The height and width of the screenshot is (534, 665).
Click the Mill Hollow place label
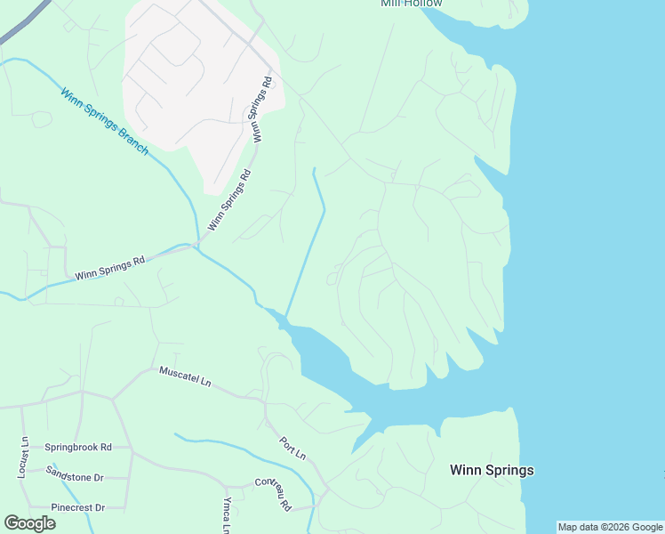411,4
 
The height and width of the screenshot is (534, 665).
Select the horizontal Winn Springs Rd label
109,269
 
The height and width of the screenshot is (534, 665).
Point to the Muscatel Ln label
185,376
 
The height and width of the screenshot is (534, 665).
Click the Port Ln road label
292,448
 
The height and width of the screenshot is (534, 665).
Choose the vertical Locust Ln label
24,457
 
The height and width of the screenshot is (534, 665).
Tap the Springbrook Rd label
78,447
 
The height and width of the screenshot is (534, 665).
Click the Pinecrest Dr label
78,507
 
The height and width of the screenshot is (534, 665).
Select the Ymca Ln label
227,514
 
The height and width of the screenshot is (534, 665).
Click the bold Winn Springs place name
492,470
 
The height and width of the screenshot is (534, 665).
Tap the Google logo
29,523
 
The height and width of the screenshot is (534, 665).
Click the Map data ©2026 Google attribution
610,527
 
